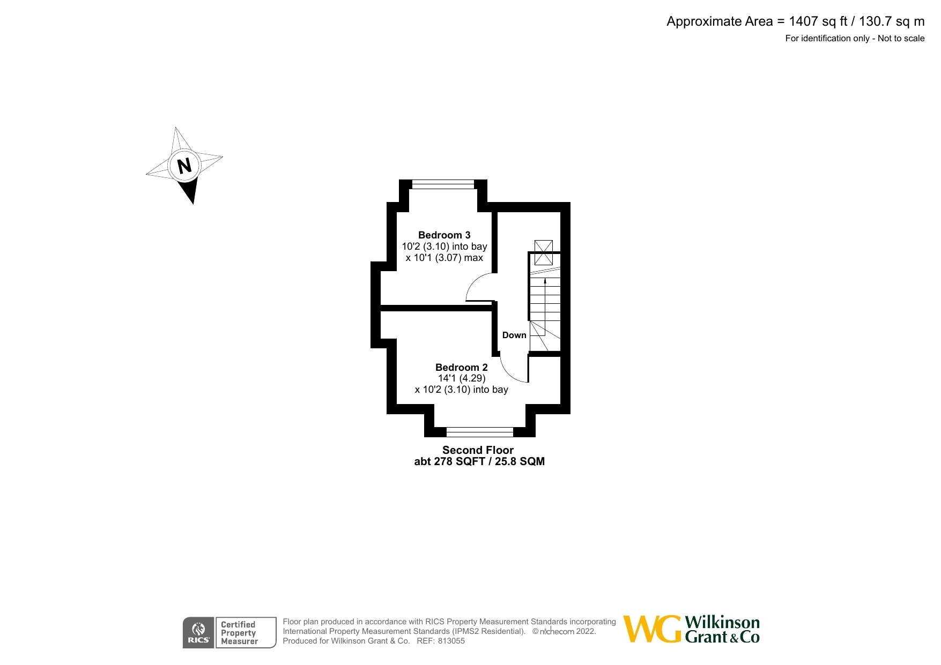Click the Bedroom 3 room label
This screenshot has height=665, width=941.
point(444,235)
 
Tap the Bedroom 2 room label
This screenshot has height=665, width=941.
point(461,367)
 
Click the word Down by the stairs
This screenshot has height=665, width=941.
point(514,335)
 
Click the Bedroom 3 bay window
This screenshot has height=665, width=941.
point(443,185)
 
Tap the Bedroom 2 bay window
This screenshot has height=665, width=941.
point(479,431)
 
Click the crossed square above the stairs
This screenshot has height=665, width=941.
point(544,252)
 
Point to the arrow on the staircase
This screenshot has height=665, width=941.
point(545,281)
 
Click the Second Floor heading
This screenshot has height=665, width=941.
point(478,450)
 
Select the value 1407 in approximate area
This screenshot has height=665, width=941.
point(803,21)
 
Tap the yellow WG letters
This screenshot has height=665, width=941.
point(652,629)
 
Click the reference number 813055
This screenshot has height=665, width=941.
point(451,641)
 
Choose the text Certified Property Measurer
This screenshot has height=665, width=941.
point(239,633)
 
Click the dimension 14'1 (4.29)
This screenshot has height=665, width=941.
point(462,378)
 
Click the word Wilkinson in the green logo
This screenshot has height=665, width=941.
point(722,623)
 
